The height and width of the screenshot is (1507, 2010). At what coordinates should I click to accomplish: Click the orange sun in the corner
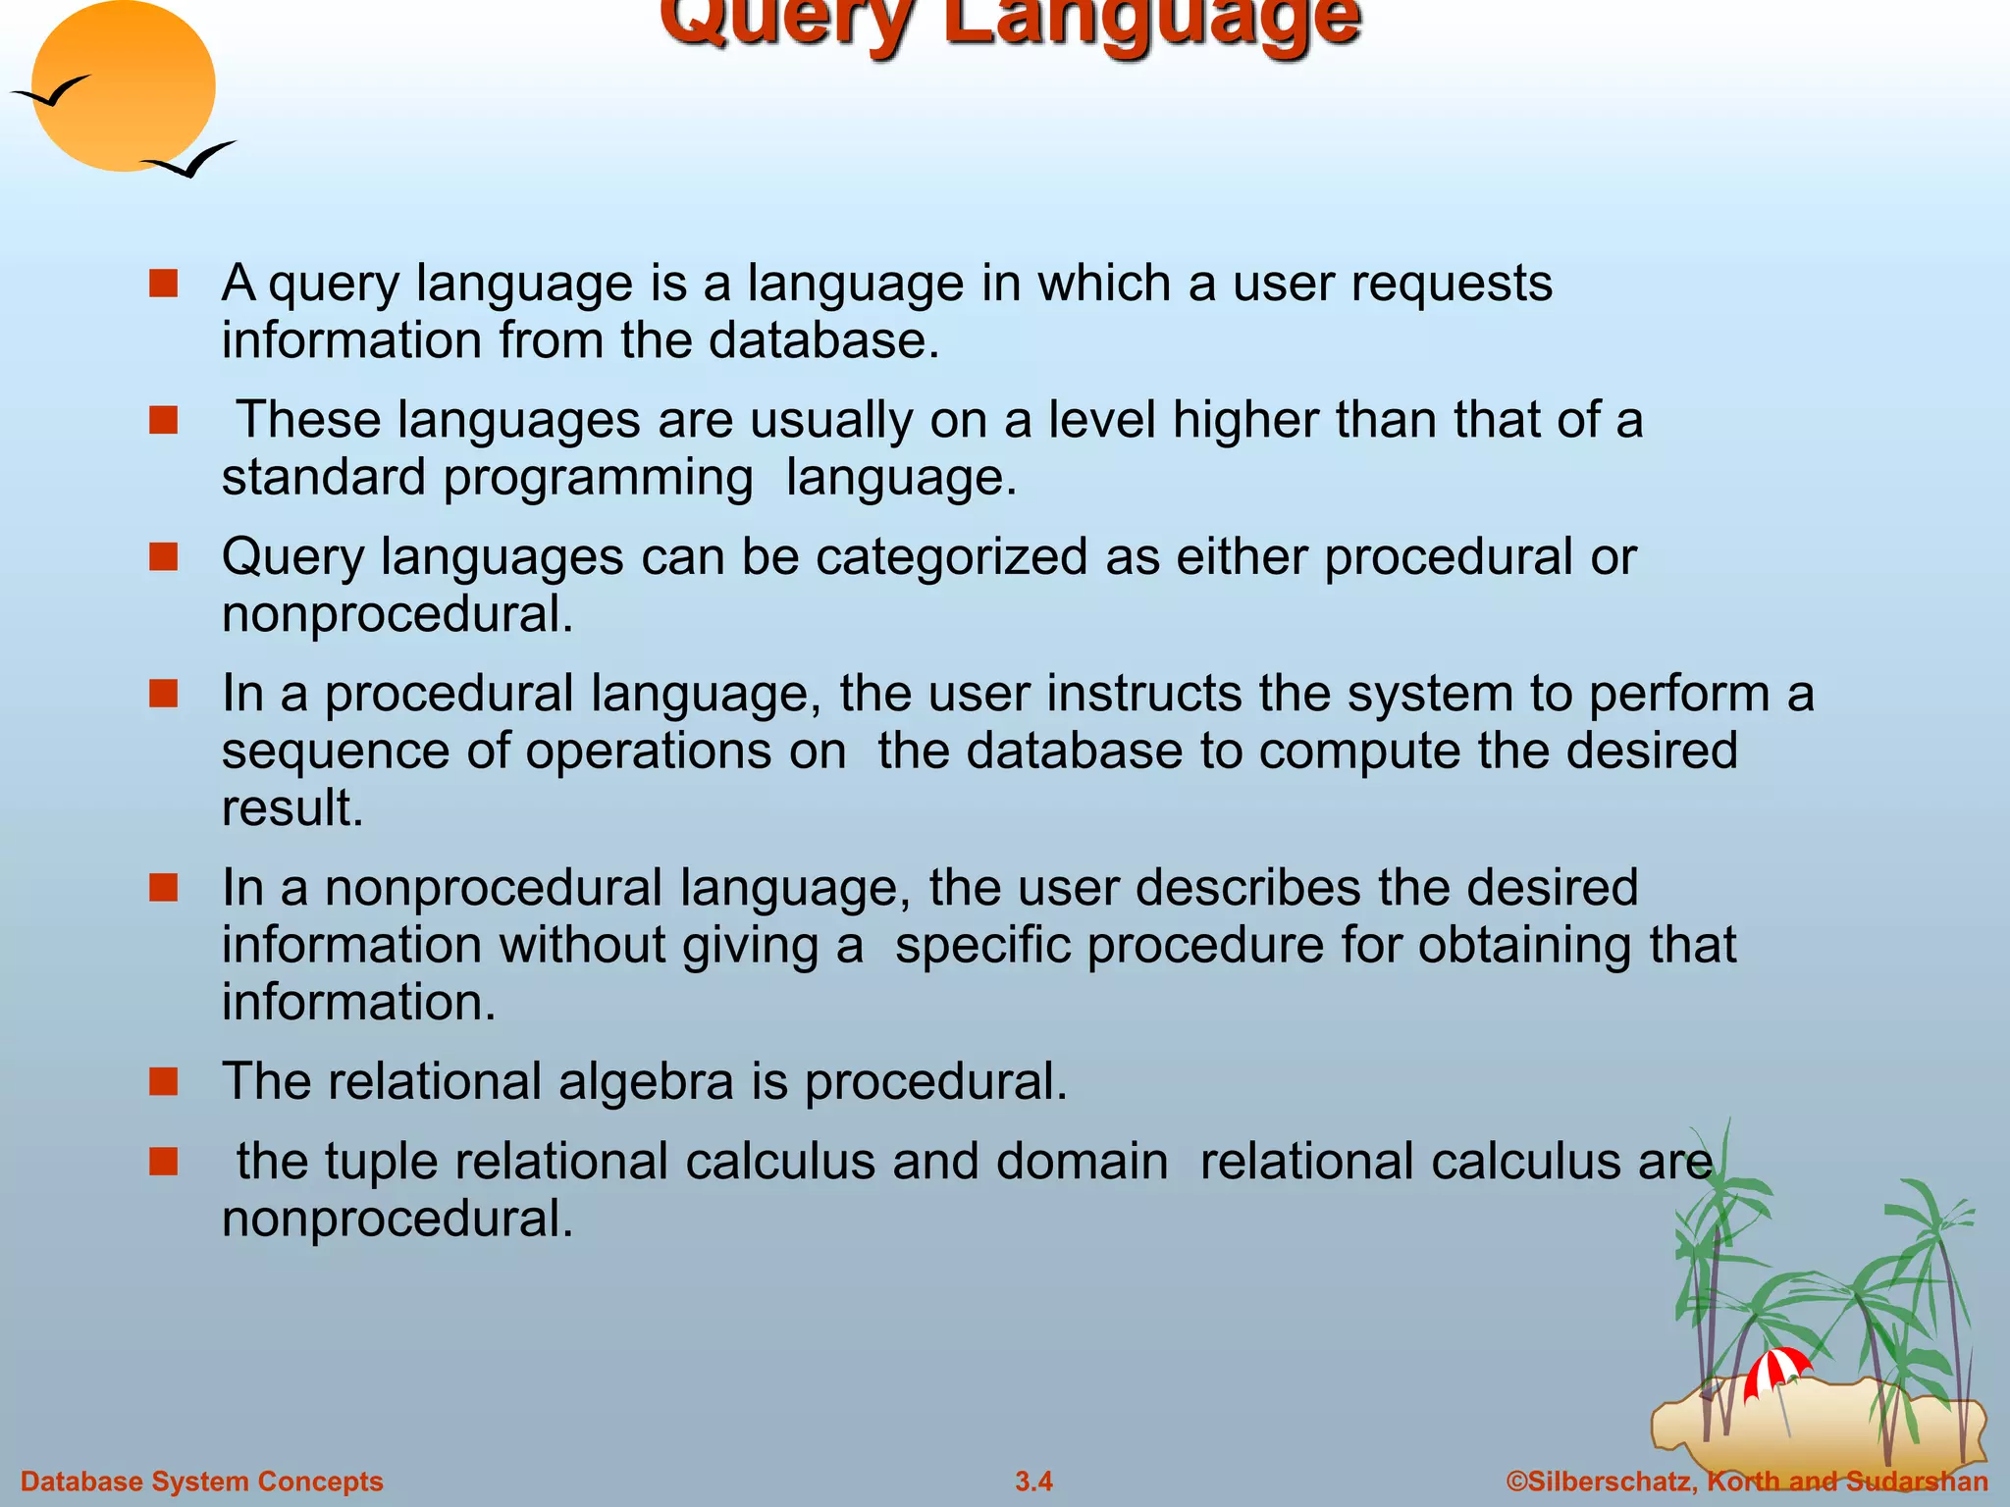(x=123, y=86)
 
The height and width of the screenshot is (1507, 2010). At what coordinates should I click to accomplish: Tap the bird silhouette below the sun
(x=191, y=161)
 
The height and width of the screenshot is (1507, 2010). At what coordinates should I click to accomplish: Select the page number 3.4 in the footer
(x=1033, y=1481)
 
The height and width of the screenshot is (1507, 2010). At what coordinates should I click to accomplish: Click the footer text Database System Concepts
(x=202, y=1481)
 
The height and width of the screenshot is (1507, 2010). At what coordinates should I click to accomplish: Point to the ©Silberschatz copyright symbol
(x=1517, y=1481)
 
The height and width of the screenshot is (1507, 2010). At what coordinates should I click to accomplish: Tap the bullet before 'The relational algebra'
(x=163, y=1081)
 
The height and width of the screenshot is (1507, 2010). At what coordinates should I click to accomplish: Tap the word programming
(x=598, y=479)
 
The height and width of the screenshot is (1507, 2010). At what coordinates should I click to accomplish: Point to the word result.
(x=291, y=808)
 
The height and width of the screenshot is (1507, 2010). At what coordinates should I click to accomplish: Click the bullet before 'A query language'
(x=163, y=284)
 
